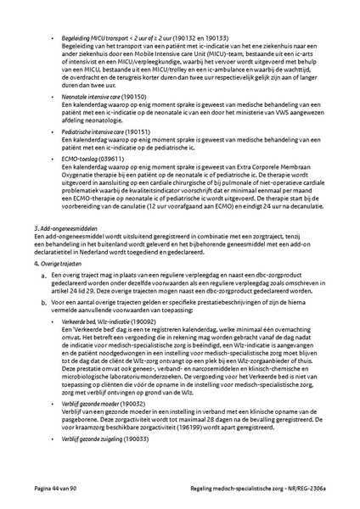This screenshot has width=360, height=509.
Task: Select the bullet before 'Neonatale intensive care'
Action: (x=55, y=98)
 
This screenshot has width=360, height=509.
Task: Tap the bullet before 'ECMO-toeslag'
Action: (x=55, y=158)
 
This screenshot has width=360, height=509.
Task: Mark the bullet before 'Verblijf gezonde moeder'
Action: (x=55, y=405)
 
